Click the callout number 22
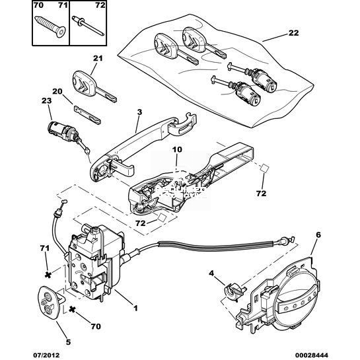coord(294,33)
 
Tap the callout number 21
coord(98,58)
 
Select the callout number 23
coord(47,100)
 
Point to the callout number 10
coord(177,150)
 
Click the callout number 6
coord(318,235)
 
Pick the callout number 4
coord(211,273)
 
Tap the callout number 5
coord(68,342)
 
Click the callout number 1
coord(135,308)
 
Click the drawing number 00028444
coord(312,355)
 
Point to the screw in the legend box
coord(50,26)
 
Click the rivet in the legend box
coord(88,25)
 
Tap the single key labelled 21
coord(94,87)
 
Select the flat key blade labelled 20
coord(87,115)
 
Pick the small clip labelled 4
coord(234,291)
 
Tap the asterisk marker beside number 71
coord(48,275)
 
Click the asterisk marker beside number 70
coord(72,309)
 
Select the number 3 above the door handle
coord(139,112)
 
